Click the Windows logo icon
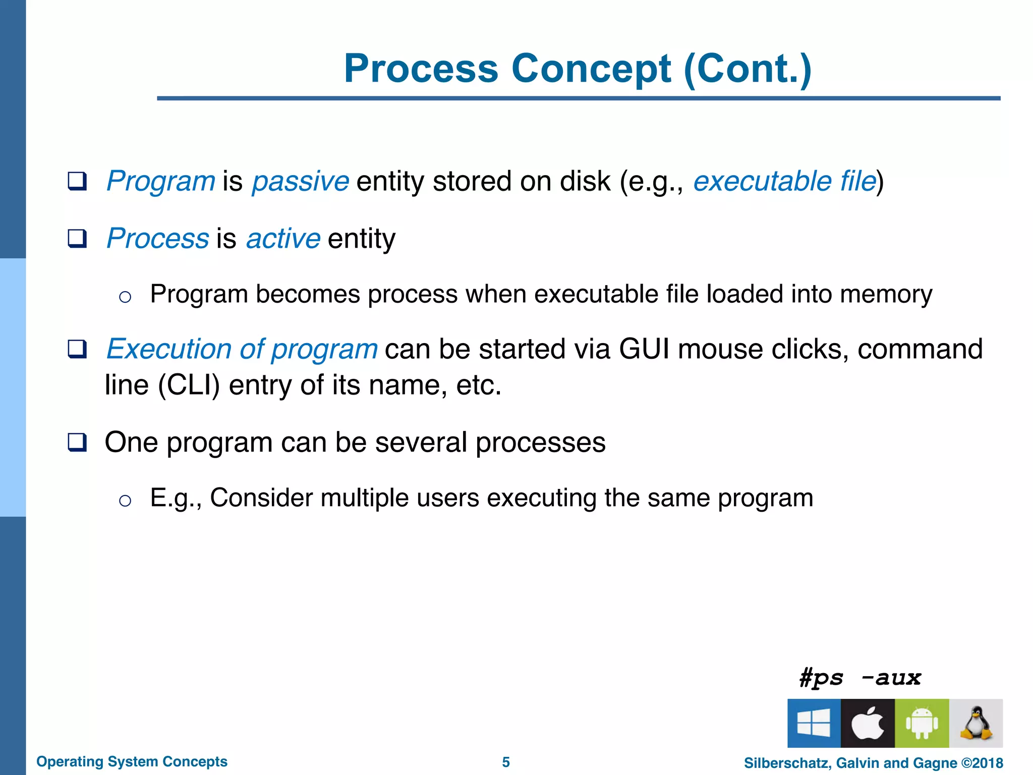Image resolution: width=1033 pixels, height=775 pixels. point(814,723)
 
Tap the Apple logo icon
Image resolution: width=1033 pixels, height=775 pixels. point(868,723)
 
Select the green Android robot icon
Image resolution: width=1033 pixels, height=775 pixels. point(922,723)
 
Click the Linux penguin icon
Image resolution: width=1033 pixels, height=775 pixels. point(976,723)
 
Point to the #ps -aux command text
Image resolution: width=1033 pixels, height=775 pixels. point(860,678)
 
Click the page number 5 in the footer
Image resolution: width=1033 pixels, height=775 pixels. point(506,762)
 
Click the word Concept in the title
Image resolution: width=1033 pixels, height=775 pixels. point(591,69)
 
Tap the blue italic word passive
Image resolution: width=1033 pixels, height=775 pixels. point(300,181)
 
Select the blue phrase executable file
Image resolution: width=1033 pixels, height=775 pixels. point(784,181)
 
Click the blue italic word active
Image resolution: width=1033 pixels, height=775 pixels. point(283,238)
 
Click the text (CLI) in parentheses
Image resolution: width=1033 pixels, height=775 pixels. point(189,385)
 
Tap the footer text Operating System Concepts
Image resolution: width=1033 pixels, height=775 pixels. point(132,761)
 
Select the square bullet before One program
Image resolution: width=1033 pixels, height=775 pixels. point(77,442)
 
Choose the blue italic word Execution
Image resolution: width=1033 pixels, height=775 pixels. point(169,349)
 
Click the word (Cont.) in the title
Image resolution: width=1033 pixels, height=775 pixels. point(748,69)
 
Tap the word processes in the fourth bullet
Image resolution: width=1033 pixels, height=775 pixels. point(540,442)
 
